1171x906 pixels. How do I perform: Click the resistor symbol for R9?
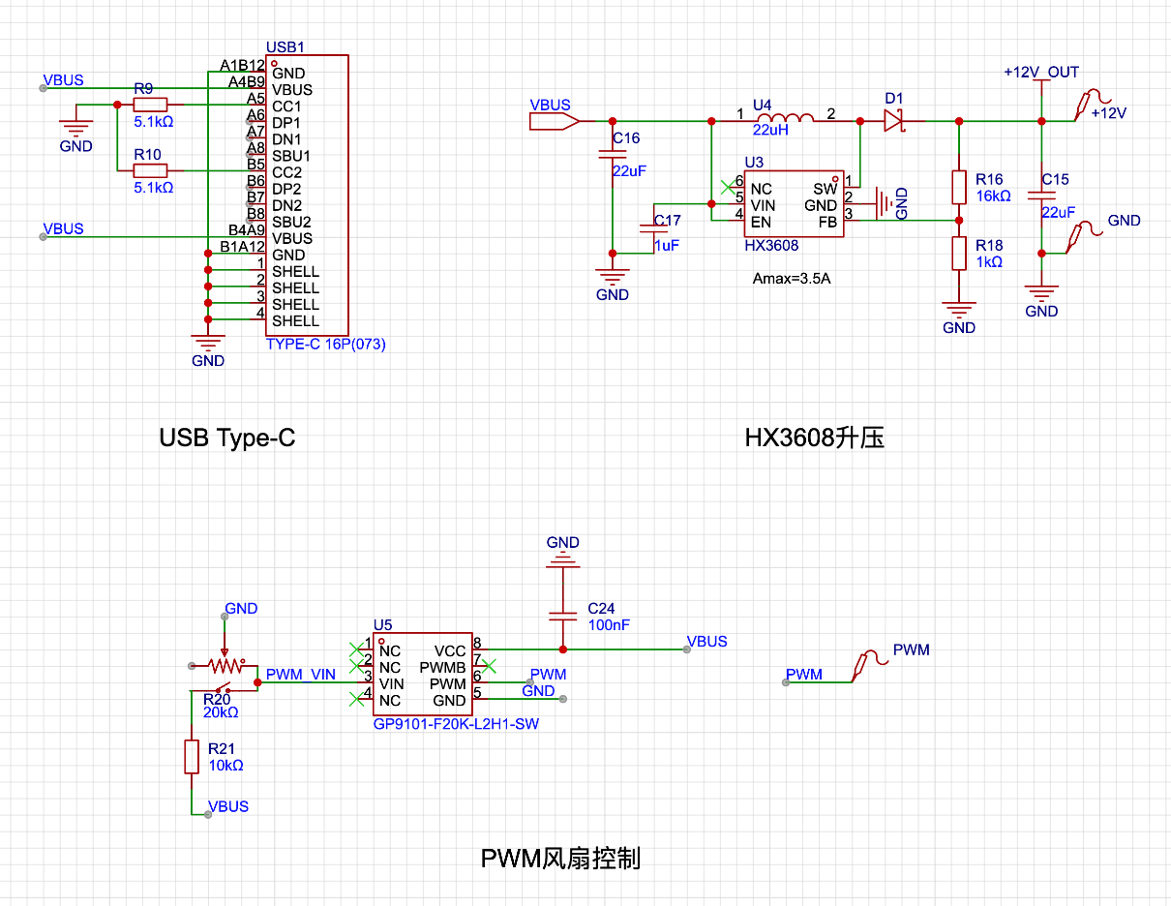click(150, 105)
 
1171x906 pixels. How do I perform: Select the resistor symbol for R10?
click(150, 171)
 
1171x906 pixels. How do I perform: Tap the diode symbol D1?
click(894, 121)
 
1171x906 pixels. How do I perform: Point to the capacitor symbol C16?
click(613, 155)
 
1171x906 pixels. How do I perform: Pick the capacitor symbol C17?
click(653, 228)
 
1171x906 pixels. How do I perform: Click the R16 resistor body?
click(959, 188)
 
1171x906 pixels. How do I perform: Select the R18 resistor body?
click(959, 254)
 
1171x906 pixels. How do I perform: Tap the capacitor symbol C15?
click(1041, 196)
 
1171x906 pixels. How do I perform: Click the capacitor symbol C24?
click(562, 616)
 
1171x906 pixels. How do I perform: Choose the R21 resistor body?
click(192, 757)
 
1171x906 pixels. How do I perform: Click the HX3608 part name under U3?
click(771, 246)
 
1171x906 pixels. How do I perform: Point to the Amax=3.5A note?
click(791, 279)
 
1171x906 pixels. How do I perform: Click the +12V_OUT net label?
click(1041, 73)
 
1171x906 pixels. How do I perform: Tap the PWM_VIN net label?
click(300, 675)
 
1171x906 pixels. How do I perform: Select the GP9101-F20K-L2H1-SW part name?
click(456, 724)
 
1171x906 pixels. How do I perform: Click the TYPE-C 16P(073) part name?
click(325, 344)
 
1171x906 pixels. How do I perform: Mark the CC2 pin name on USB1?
click(286, 172)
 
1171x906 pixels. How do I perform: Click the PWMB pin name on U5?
click(442, 668)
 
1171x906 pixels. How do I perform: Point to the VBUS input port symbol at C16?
click(554, 121)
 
